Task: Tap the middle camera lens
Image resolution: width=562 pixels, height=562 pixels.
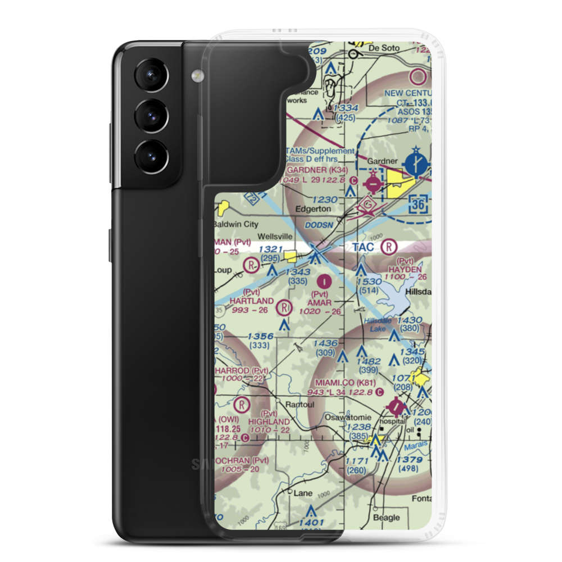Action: pos(151,114)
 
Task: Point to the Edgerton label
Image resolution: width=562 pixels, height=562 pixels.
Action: pos(313,208)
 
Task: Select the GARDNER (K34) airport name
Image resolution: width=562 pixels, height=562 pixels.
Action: pos(322,170)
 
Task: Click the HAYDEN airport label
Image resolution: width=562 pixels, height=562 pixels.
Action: pos(405,270)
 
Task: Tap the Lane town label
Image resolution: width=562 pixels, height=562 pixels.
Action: pos(303,492)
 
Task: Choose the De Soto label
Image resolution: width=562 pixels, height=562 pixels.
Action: pos(384,48)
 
